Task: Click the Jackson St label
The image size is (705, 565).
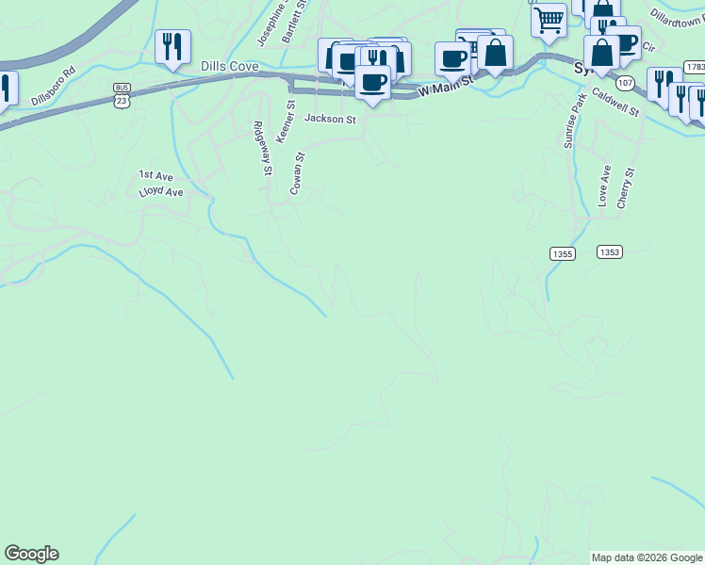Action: (x=330, y=120)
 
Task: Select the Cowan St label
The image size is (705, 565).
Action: (x=297, y=174)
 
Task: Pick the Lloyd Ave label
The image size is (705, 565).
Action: (x=160, y=191)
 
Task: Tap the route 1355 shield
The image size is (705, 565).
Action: (x=562, y=253)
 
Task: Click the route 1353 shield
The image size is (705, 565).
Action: (x=610, y=251)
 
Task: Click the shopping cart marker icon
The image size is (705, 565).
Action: (x=549, y=18)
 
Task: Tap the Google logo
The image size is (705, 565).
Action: (x=31, y=554)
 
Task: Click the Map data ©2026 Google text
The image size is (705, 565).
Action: (x=647, y=557)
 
